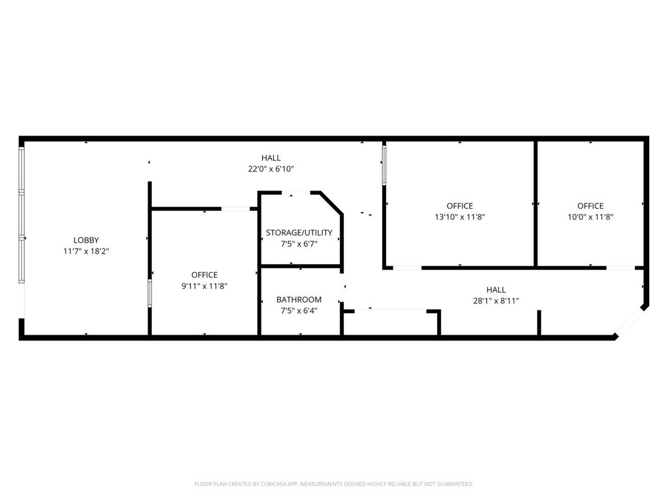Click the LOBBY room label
tap(86, 240)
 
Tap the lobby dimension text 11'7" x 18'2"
tap(86, 251)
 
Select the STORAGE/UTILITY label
tap(299, 233)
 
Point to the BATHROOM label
tap(299, 300)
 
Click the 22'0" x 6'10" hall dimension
tap(271, 169)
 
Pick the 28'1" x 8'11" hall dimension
tap(496, 301)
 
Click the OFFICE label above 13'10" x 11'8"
tap(460, 206)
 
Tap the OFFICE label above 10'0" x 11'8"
tap(590, 206)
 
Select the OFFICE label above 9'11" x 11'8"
tap(204, 275)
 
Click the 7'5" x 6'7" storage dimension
tap(299, 244)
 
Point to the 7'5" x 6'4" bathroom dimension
tap(299, 311)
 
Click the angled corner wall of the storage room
tap(331, 202)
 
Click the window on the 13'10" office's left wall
tap(384, 165)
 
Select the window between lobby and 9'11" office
tap(149, 293)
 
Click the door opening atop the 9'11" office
tap(235, 209)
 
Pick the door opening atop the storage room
tap(296, 193)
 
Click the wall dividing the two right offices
tap(536, 204)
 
